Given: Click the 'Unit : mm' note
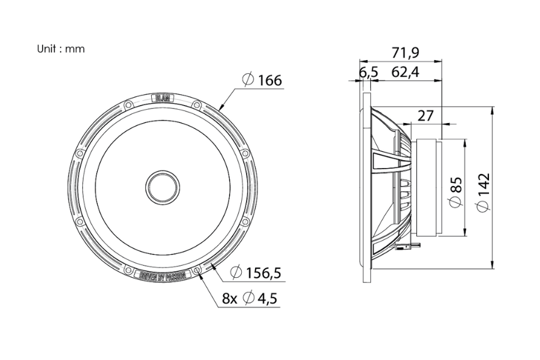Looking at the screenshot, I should coord(61,49).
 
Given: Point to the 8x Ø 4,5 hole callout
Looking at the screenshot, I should coord(248,298).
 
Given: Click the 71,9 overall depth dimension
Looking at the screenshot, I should coord(405,53).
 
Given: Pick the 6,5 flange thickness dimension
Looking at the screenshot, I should coord(368,73).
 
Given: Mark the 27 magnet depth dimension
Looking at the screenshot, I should coord(425,116).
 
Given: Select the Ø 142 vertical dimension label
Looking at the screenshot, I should coord(483,192).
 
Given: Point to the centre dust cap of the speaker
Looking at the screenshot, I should coord(162,186).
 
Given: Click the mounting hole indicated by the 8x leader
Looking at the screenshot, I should coord(199,272).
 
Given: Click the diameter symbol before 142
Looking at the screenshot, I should coord(483,206).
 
